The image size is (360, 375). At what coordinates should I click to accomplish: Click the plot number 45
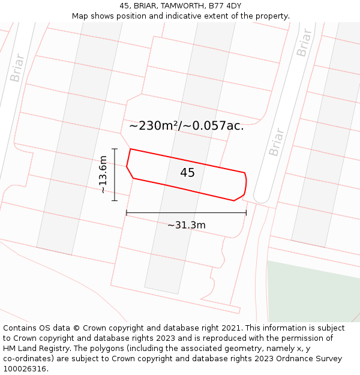click(x=187, y=173)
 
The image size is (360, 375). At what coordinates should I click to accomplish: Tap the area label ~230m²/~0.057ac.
click(x=186, y=126)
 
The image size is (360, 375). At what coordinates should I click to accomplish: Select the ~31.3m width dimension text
click(x=186, y=225)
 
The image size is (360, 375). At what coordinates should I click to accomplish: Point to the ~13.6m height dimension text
click(x=103, y=174)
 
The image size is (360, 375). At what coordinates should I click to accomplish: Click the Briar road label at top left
click(x=17, y=68)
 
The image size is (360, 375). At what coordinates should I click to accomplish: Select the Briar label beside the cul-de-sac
click(x=276, y=142)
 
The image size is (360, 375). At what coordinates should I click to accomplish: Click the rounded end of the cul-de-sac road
click(x=262, y=197)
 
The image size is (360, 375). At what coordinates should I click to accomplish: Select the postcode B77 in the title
click(x=217, y=5)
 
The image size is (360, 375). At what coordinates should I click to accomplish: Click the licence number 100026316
click(x=24, y=369)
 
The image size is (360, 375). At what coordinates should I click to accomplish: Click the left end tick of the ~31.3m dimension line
click(x=127, y=212)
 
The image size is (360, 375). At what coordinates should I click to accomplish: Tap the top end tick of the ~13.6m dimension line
click(x=114, y=149)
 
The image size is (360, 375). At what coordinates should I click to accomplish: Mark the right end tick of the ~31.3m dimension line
click(x=246, y=212)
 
